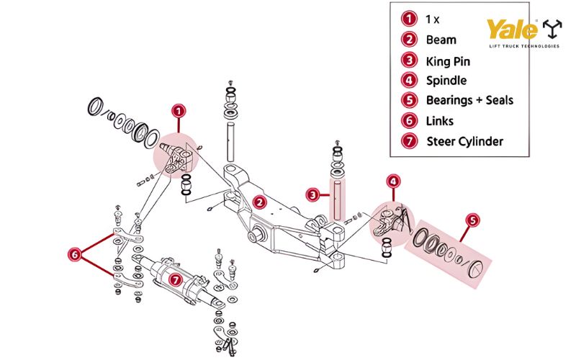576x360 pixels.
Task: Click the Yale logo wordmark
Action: point(513,30)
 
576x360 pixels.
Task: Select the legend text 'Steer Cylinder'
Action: point(464,141)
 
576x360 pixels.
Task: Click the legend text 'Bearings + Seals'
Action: point(469,100)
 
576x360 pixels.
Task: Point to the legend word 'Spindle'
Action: point(446,81)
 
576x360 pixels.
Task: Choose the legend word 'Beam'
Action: point(441,40)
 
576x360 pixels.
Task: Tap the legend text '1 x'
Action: point(433,19)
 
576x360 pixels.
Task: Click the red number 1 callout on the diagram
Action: point(179,111)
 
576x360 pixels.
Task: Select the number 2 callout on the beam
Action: point(259,202)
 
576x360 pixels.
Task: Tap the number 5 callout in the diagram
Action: point(472,221)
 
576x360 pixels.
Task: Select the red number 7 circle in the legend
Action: point(408,141)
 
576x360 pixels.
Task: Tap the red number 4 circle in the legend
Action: point(408,81)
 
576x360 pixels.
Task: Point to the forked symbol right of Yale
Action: point(553,29)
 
